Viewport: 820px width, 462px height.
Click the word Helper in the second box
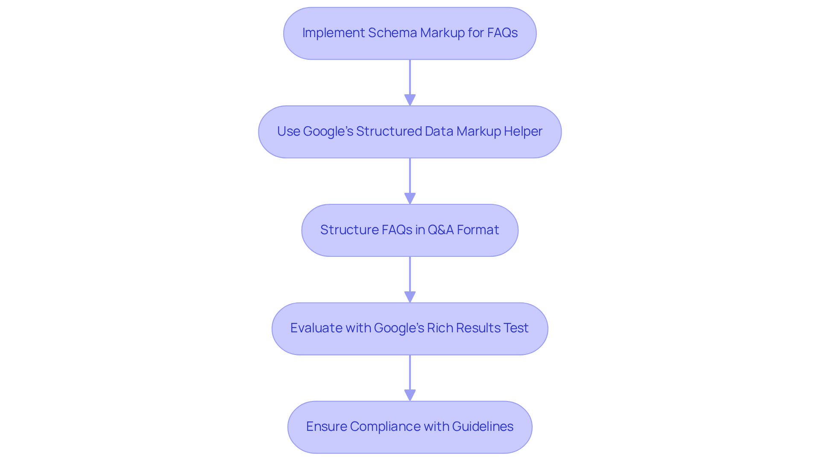point(523,131)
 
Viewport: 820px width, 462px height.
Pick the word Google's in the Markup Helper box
point(328,131)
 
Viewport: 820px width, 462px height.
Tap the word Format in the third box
point(478,230)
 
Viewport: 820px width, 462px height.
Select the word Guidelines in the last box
point(483,427)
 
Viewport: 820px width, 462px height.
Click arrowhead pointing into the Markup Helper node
point(410,100)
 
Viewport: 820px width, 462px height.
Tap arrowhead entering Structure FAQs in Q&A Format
point(410,199)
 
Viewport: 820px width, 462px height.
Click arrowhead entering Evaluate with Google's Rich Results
point(410,297)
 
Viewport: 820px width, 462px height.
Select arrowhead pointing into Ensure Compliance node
point(410,395)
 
